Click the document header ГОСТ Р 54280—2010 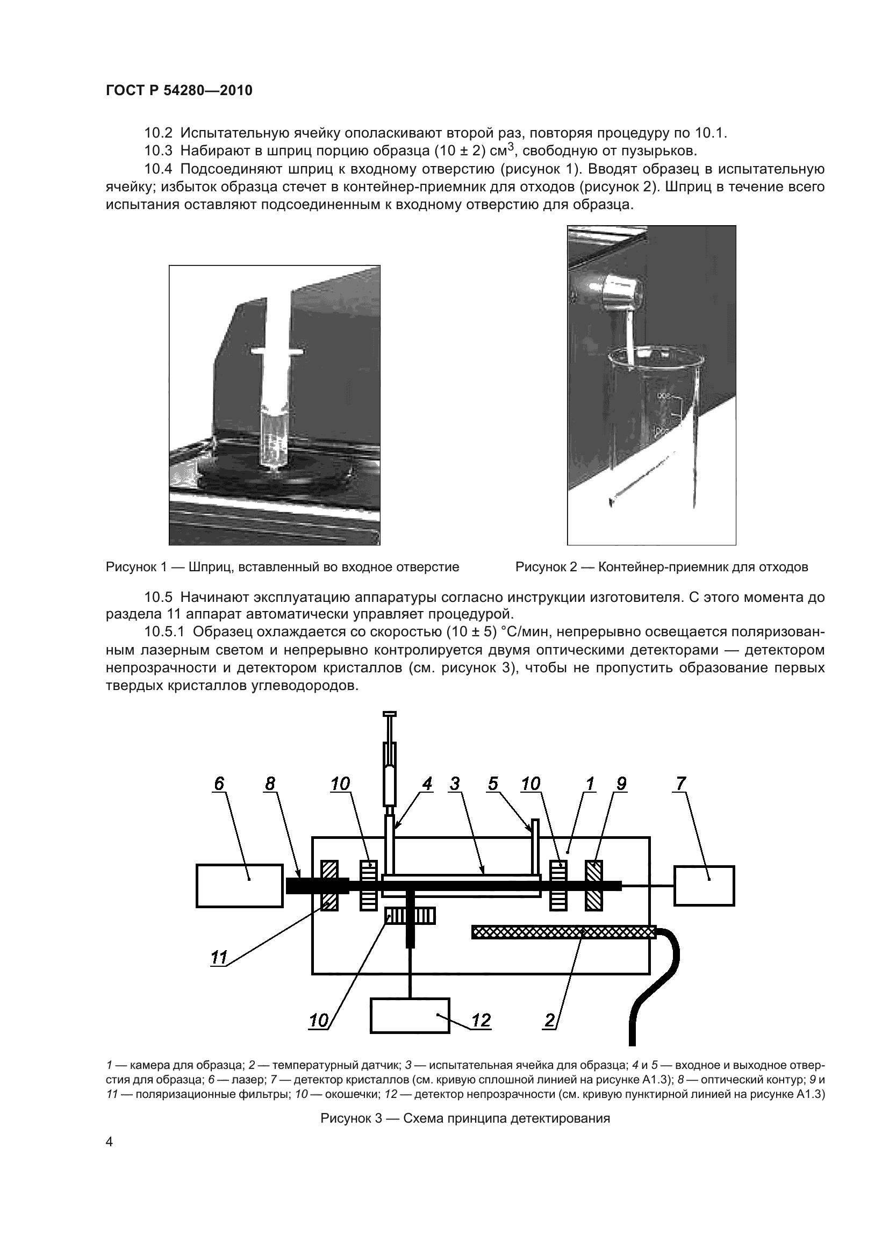coord(179,91)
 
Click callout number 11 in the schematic coord(219,958)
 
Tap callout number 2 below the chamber coord(550,1020)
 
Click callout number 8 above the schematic coord(270,784)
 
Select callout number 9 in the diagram coord(621,784)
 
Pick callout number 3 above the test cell coord(454,784)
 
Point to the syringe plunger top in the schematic coord(390,714)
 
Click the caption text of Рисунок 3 coord(465,1118)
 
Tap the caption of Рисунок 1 coord(283,567)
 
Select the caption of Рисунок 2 coord(662,567)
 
